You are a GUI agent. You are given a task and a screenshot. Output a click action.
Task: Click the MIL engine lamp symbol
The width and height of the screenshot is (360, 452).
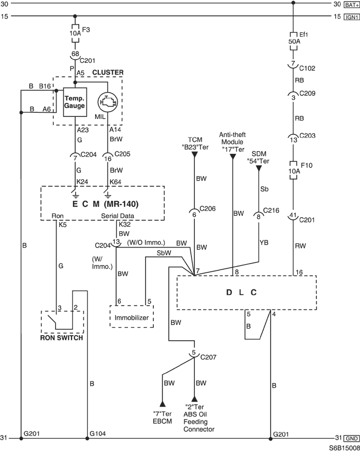tap(107, 102)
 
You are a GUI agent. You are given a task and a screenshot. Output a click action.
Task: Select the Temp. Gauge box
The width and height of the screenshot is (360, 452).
tap(75, 102)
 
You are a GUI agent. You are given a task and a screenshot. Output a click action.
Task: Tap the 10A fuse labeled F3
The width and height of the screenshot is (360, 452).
tap(75, 33)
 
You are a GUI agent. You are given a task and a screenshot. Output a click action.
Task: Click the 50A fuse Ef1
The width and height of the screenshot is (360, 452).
tap(294, 41)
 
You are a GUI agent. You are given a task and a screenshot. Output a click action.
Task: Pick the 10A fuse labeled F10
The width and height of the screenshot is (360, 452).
tap(294, 170)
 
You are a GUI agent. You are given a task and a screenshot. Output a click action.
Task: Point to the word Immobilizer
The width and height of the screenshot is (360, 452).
tap(131, 318)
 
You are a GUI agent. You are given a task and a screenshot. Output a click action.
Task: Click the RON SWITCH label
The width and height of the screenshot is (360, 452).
tap(62, 338)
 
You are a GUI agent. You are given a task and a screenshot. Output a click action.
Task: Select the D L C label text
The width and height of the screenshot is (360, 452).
tap(241, 292)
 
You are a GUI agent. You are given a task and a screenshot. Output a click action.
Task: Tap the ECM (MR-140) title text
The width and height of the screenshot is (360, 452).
tap(105, 204)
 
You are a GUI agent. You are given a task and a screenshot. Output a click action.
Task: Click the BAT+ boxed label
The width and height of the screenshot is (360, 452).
tap(352, 5)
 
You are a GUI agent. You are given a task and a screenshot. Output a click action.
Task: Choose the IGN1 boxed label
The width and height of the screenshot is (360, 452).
tap(352, 17)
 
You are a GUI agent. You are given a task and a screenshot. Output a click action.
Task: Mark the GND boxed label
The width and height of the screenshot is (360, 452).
tap(352, 439)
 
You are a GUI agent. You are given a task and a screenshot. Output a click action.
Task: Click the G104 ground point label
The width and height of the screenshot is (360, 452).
tap(98, 433)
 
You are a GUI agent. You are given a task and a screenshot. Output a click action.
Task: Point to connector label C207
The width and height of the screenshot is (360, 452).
tap(208, 357)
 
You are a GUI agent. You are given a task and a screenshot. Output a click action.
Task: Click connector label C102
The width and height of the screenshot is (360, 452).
tap(307, 68)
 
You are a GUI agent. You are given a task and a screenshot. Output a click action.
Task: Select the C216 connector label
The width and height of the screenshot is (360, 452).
tap(271, 211)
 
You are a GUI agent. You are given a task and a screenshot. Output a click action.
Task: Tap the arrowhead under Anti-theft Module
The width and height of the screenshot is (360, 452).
tap(232, 157)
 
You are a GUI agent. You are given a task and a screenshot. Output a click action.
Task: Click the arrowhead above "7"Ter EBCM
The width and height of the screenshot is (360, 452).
tap(163, 404)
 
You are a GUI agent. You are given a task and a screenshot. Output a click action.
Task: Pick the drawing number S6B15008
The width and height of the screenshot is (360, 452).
tap(344, 448)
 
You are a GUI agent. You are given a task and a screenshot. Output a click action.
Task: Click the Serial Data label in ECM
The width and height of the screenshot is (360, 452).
tap(117, 216)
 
